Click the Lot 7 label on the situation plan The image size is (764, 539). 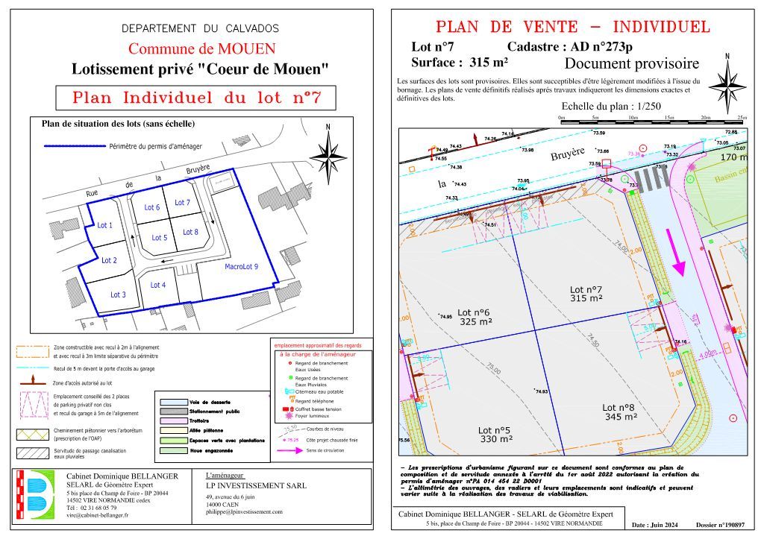(182, 203)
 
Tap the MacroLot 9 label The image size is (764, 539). (240, 266)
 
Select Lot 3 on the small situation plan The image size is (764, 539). (118, 294)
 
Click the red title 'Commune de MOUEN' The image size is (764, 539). (202, 50)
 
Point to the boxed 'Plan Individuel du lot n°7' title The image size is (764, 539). (196, 98)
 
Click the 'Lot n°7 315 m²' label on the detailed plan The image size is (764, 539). (586, 294)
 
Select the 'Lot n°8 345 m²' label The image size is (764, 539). (619, 412)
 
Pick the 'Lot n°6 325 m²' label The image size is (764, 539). (474, 317)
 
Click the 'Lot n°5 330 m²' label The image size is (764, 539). (494, 435)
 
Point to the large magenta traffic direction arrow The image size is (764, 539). (678, 253)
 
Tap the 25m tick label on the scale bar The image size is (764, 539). (742, 119)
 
